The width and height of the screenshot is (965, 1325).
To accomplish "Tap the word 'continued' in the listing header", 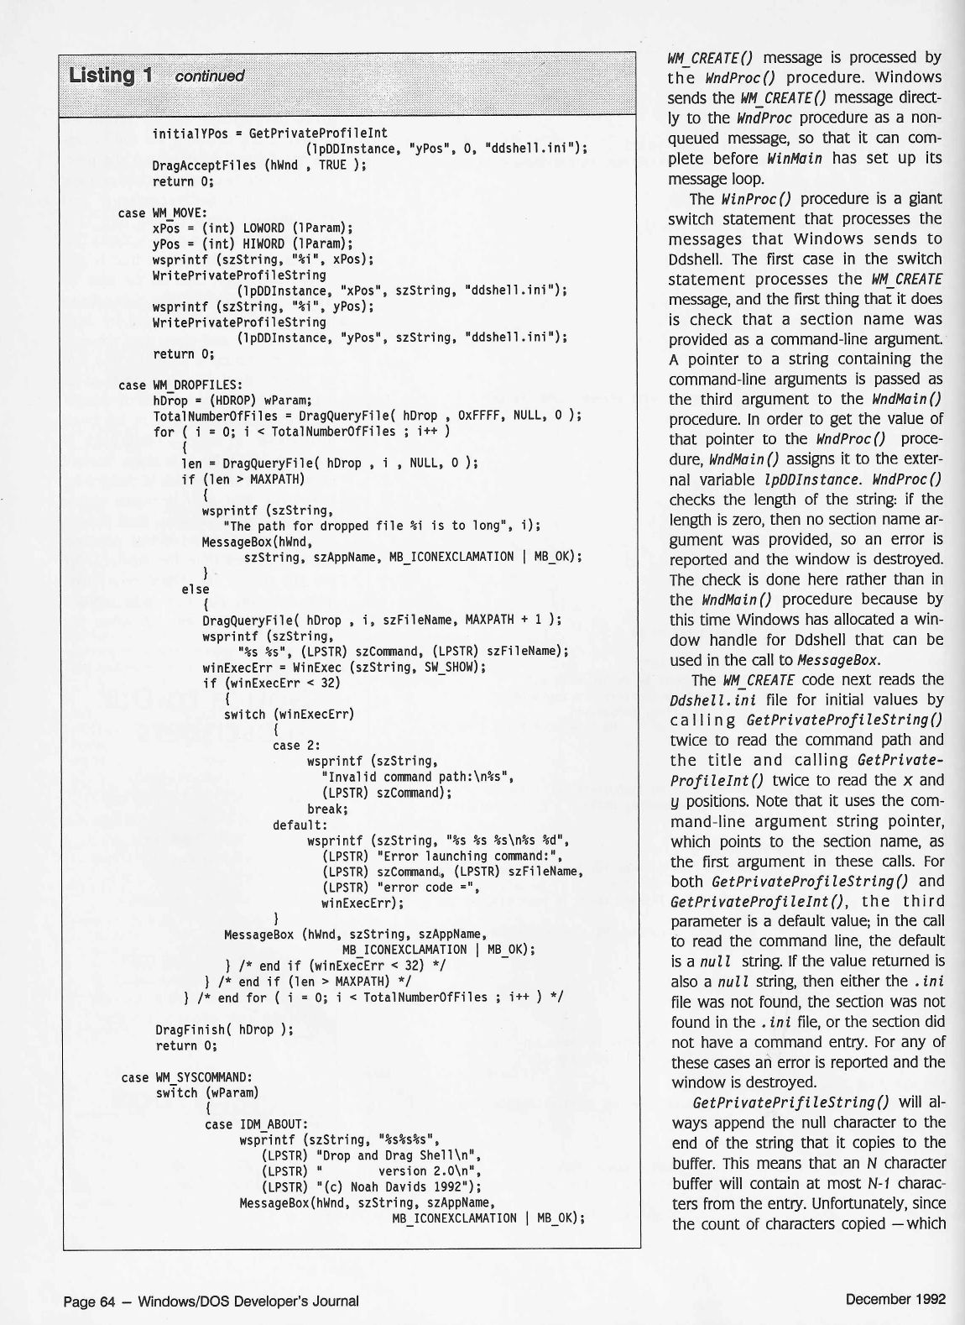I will (x=209, y=76).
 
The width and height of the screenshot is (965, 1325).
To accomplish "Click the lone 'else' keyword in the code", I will (x=195, y=589).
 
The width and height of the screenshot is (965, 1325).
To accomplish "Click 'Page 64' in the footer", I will (x=88, y=1301).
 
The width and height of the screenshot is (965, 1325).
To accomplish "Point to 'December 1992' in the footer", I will (x=895, y=1299).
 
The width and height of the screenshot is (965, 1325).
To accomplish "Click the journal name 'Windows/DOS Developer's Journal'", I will (x=248, y=1301).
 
